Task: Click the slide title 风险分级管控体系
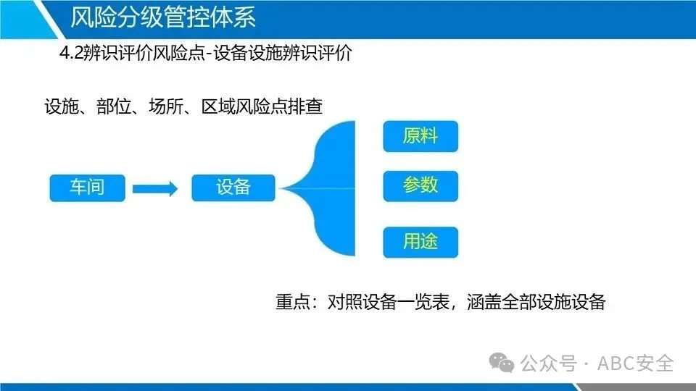pos(163,17)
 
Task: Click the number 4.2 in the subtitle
pos(73,54)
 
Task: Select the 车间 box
pos(87,188)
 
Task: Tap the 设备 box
pos(233,188)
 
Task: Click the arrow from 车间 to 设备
pos(155,189)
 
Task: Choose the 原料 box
pos(420,135)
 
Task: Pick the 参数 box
pos(420,186)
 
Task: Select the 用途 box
pos(420,241)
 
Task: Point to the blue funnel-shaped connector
pos(330,188)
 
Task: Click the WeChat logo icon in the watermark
pos(502,361)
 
